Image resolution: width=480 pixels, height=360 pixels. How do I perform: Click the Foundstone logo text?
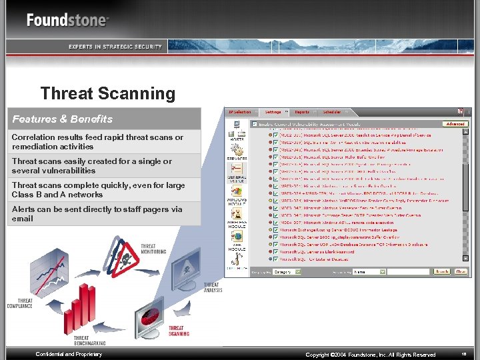[67, 20]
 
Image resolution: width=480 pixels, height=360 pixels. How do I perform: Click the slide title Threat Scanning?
[107, 94]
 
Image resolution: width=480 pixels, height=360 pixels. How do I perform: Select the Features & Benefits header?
[63, 119]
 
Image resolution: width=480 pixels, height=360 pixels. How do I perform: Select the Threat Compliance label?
[20, 303]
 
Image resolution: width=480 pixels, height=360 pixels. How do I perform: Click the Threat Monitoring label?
[153, 249]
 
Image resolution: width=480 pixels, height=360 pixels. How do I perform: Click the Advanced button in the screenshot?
[455, 124]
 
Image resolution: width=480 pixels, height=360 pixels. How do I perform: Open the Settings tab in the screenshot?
[273, 112]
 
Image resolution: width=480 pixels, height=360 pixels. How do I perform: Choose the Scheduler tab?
[332, 112]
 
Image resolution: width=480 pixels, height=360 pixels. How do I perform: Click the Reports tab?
[302, 112]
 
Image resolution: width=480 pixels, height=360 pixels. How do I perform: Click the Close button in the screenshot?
[461, 271]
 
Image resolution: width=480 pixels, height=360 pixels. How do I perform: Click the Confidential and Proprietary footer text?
[69, 354]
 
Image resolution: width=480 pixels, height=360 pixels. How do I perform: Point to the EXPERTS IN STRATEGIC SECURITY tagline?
[115, 47]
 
